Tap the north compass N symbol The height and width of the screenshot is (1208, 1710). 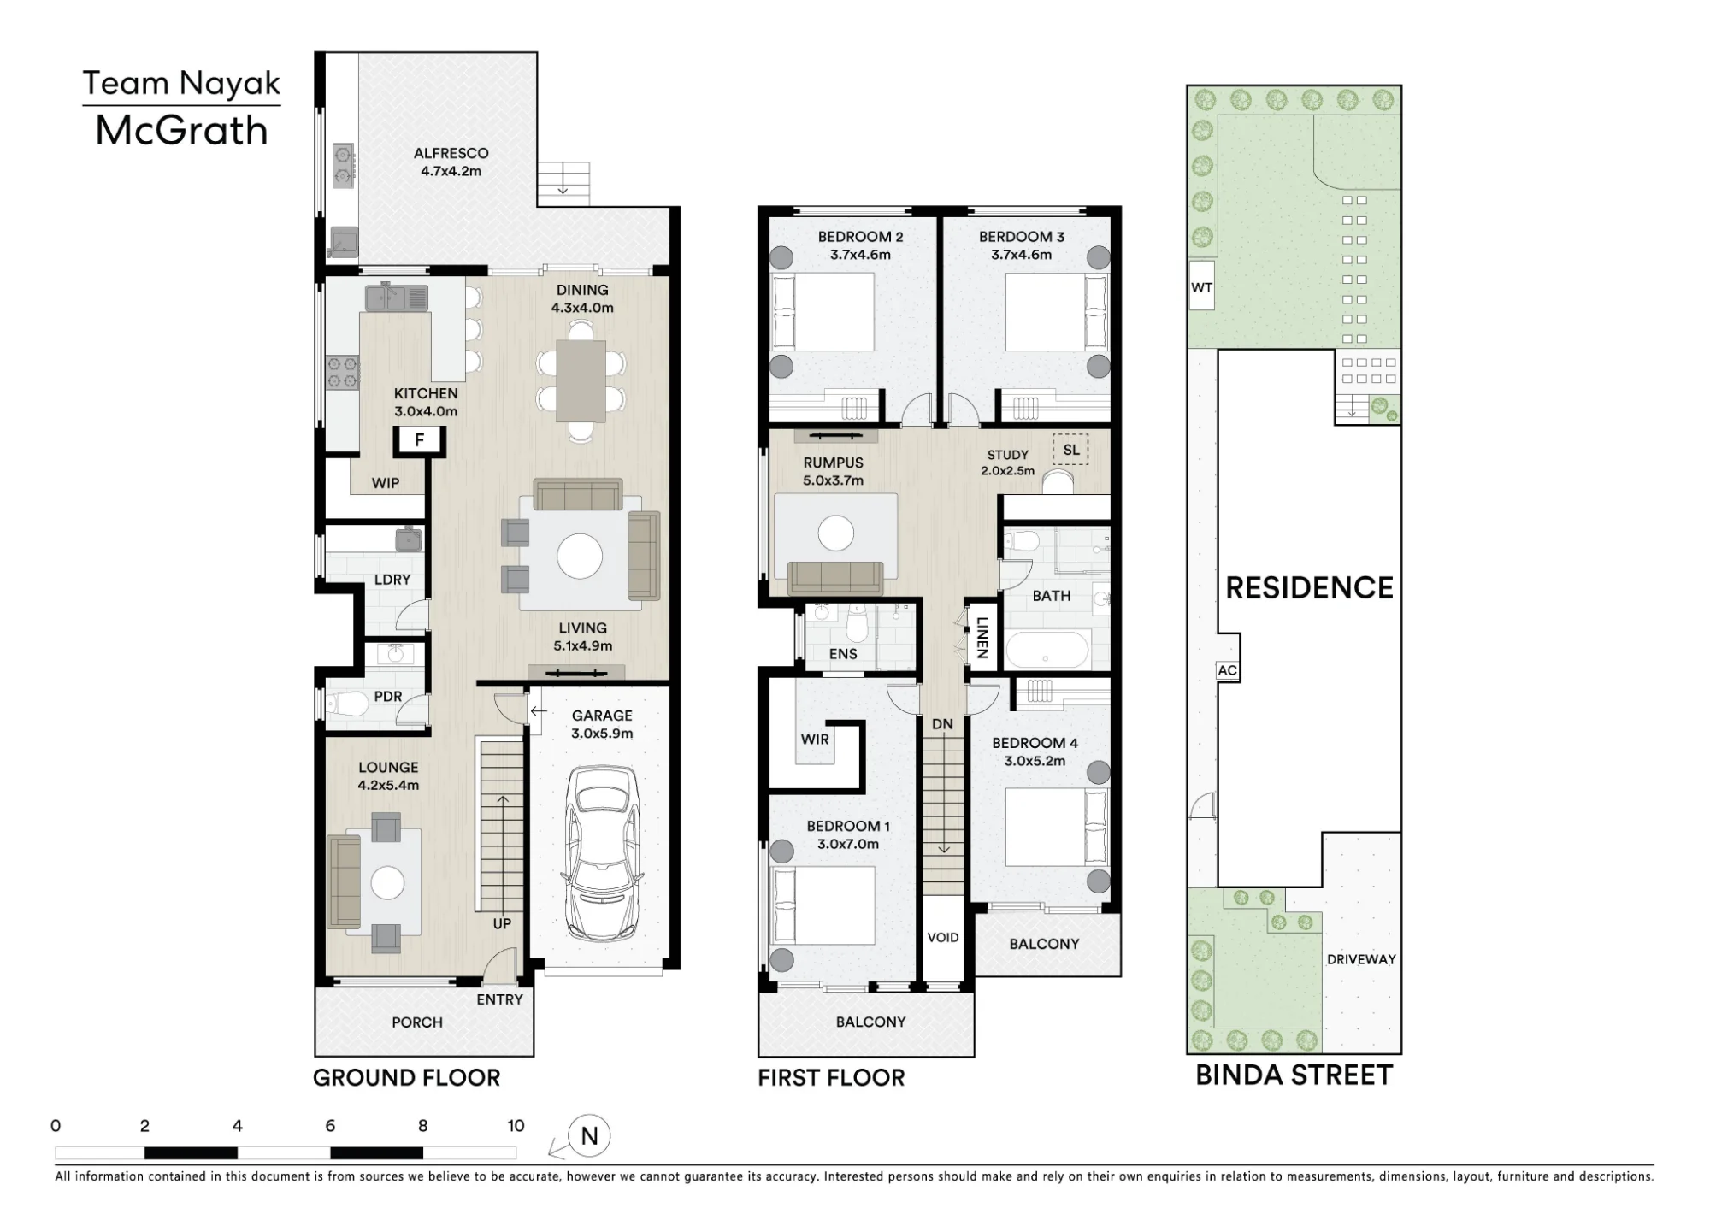[589, 1136]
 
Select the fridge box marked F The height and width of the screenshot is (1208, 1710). [419, 440]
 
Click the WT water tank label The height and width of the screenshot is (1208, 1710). [1201, 287]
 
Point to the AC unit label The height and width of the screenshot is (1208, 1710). [1227, 670]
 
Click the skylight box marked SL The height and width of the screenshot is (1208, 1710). [1070, 450]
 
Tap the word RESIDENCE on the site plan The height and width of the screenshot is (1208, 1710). [1309, 587]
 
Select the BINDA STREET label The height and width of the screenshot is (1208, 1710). [1294, 1075]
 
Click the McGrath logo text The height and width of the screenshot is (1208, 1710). [181, 130]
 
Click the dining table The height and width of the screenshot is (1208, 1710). [581, 380]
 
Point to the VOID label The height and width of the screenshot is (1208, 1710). [943, 937]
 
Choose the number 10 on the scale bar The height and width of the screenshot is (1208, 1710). [516, 1125]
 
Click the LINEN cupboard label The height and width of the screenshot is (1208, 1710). [982, 638]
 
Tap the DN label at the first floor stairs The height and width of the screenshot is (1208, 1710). [942, 724]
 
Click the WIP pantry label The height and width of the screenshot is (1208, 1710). [386, 483]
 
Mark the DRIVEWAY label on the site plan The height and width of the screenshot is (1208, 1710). [1361, 959]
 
